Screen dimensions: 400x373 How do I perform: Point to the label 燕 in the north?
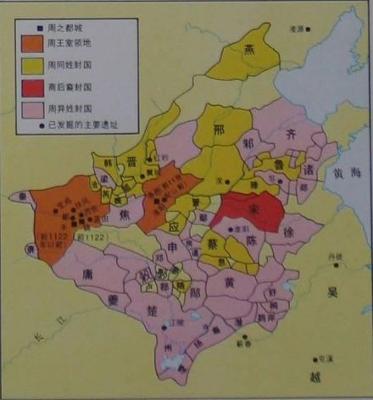[x=250, y=51]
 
